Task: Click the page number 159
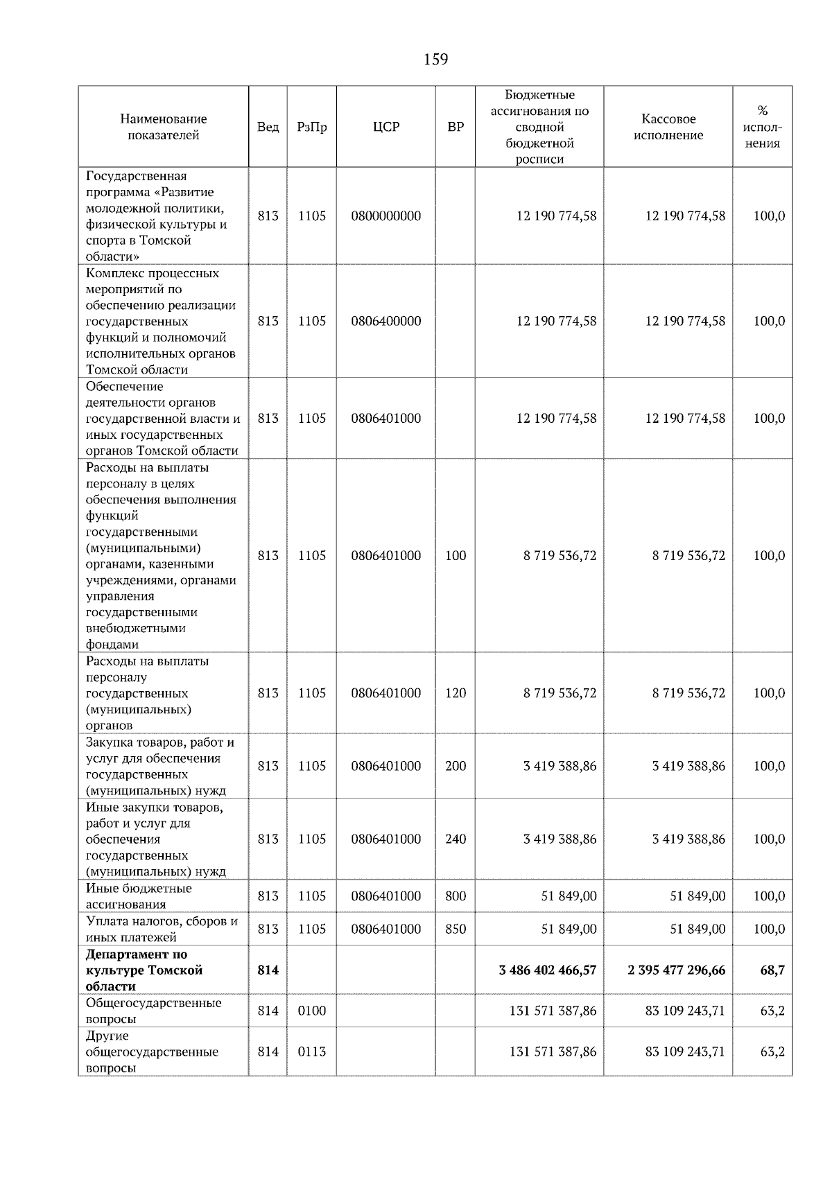point(435,60)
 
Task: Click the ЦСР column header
point(385,127)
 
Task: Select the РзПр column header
point(311,127)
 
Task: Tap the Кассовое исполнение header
point(668,127)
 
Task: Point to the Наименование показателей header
point(163,127)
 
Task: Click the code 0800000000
point(385,216)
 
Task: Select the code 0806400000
point(385,321)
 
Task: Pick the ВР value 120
point(456,693)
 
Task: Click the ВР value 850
point(456,929)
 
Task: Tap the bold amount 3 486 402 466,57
point(548,970)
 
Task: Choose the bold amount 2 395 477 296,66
point(677,970)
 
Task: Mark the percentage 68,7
point(772,970)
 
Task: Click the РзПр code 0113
point(311,1052)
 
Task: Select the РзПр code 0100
point(311,1011)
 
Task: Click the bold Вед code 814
point(268,970)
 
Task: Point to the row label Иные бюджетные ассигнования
point(139,896)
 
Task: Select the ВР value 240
point(456,839)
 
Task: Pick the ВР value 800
point(456,896)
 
